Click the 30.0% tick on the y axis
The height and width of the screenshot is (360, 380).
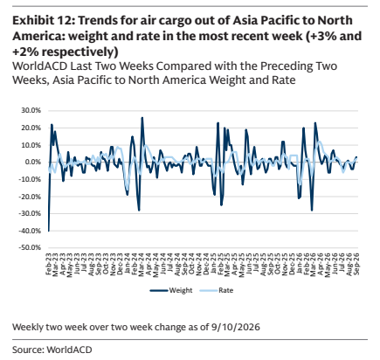(x=31, y=110)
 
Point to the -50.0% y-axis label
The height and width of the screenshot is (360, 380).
(x=30, y=247)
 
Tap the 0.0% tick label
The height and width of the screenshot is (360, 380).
(x=31, y=162)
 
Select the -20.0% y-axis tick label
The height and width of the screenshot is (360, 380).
(x=30, y=197)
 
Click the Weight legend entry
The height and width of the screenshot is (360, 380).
(x=171, y=290)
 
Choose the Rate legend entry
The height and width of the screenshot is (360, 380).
(x=217, y=290)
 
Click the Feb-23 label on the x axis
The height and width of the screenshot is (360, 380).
(x=49, y=264)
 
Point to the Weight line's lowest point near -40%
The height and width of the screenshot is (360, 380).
(x=49, y=231)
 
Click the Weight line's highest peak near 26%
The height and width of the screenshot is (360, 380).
(x=142, y=117)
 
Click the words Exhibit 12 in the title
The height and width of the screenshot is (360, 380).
(x=43, y=21)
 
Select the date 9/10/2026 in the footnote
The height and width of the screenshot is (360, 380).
(x=234, y=327)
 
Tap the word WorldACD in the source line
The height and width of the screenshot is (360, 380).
(x=69, y=350)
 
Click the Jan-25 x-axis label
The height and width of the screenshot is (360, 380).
(x=213, y=264)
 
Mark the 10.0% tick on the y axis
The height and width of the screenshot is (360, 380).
(x=31, y=145)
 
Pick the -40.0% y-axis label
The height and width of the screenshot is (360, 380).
(x=30, y=231)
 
